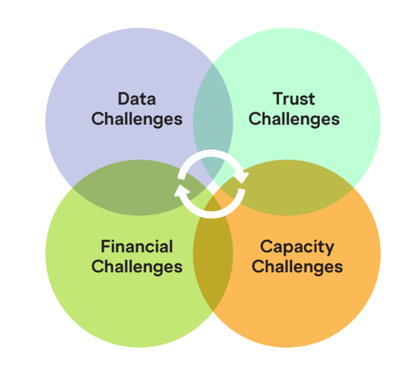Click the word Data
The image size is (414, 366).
137,99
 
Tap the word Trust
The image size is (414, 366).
293,99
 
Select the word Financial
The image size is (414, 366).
137,246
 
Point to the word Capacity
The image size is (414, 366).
297,248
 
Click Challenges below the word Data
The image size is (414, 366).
137,120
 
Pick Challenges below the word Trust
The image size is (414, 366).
294,120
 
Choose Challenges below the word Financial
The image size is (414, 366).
137,267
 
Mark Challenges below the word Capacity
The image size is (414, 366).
297,267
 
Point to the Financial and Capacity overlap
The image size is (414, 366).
213,253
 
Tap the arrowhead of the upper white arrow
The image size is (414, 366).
242,178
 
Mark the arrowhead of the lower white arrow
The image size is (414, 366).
181,190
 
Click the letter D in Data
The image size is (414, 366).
124,99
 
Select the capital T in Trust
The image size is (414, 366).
278,99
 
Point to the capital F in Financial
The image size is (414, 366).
106,246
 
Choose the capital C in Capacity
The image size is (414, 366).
266,246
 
